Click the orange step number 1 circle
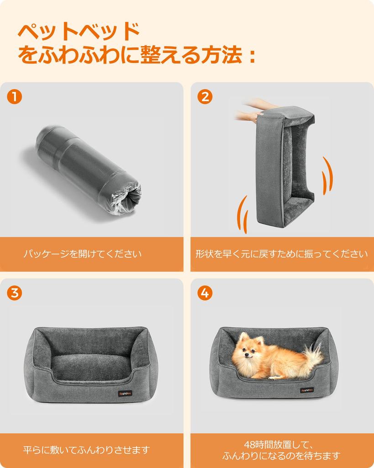15,96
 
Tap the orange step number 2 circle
205,96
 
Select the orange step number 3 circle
15,293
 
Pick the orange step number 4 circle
205,293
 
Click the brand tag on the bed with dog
306,390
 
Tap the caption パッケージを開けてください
83,254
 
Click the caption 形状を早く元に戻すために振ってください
282,254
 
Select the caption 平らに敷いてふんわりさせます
86,450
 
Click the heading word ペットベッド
78,32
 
